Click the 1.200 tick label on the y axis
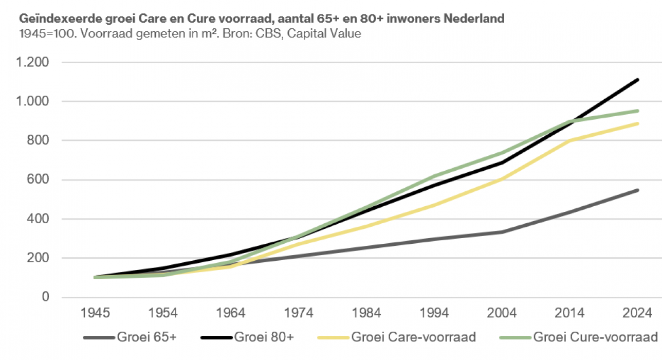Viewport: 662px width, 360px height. point(34,63)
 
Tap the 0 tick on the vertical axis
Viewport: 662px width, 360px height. point(46,297)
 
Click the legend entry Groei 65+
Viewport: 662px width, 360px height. point(147,337)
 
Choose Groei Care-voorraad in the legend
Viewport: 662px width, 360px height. point(413,337)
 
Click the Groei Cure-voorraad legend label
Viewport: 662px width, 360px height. point(595,337)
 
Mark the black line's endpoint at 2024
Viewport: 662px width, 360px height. point(638,80)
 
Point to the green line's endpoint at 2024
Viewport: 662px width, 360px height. point(638,111)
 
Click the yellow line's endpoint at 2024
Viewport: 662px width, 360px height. point(638,123)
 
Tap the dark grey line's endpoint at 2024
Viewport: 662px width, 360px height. point(638,190)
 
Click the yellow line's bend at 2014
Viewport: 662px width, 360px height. point(570,140)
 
